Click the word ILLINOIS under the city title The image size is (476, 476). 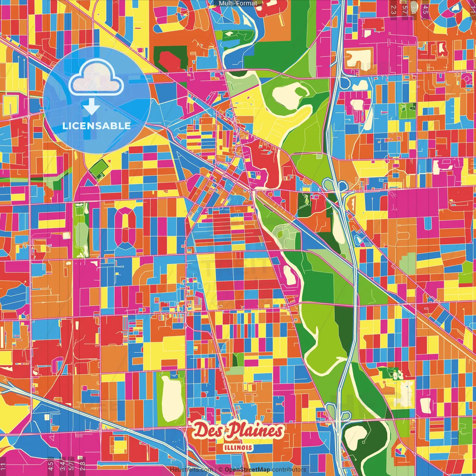pos(238,448)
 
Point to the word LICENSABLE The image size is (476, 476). pos(97,126)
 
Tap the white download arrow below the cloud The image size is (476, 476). pos(91,107)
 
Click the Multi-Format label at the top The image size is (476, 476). pos(238,3)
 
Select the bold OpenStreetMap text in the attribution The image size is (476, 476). pos(247,470)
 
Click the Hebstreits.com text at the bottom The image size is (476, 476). pos(191,470)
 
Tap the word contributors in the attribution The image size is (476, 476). pos(289,470)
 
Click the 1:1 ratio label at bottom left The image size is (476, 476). pos(3,466)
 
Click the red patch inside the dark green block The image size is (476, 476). pos(170,59)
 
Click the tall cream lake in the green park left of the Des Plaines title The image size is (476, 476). pos(171,399)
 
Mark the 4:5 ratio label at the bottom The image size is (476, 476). pos(51,466)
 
